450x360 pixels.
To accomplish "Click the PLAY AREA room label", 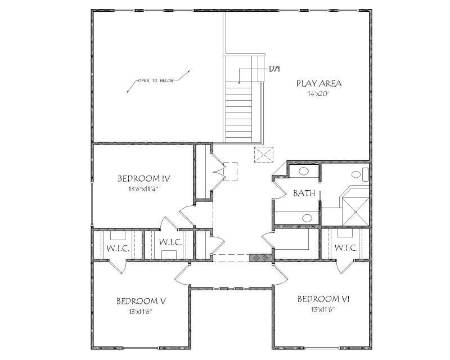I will (319, 83).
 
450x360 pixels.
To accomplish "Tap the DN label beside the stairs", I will (274, 69).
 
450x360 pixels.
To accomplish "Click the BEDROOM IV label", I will (144, 179).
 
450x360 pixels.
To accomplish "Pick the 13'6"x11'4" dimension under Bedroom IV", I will (144, 189).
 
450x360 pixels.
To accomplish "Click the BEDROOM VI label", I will (323, 299).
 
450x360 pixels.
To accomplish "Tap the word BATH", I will (304, 193).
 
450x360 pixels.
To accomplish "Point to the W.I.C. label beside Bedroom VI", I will (346, 247).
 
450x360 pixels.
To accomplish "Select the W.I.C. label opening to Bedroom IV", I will (169, 242).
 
